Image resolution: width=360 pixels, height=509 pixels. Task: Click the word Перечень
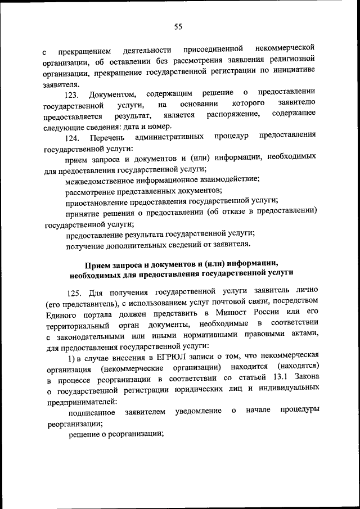pyautogui.click(x=107, y=137)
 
